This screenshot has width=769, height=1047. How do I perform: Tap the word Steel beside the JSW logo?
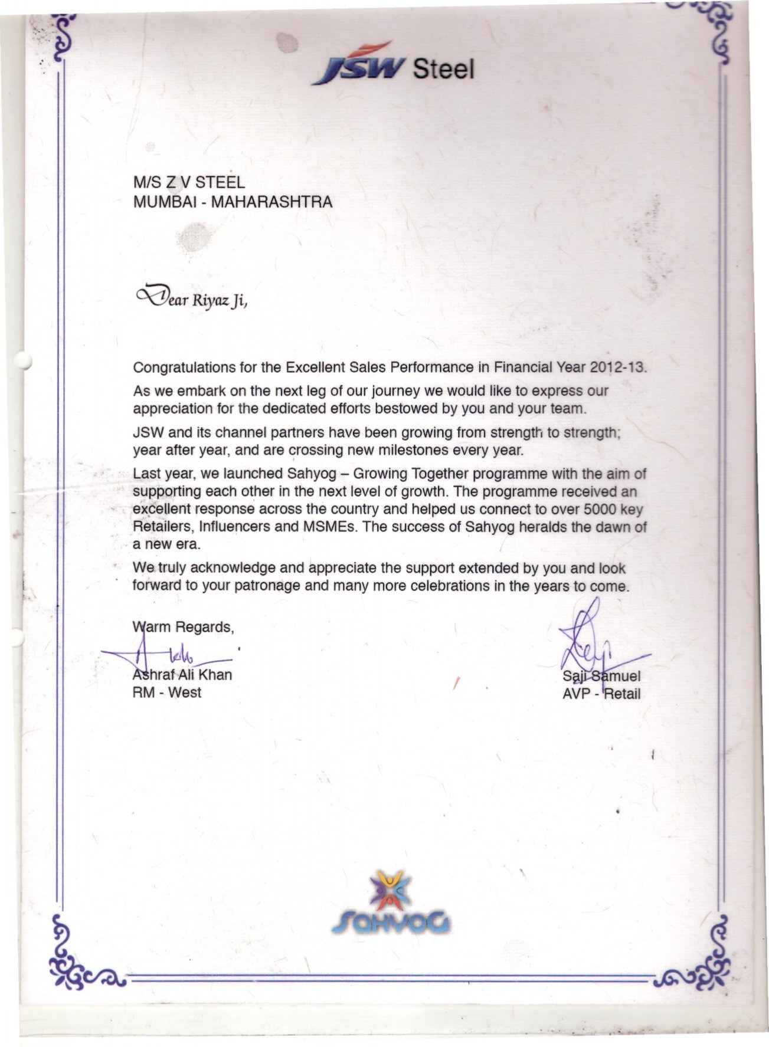click(x=444, y=70)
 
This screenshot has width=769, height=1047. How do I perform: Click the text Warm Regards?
click(x=184, y=627)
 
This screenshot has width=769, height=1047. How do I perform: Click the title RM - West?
click(x=167, y=692)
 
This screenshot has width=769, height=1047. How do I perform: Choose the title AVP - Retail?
click(x=601, y=694)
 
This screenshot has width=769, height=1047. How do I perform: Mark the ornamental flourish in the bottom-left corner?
click(x=80, y=956)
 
